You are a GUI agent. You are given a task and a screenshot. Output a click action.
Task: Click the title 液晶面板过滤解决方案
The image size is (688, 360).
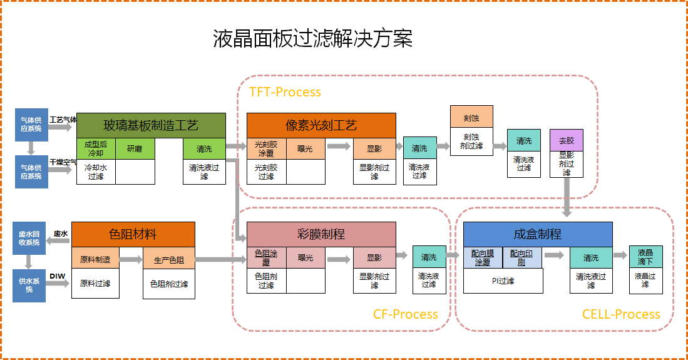coord(312,39)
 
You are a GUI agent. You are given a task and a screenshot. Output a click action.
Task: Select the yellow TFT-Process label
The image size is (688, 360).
coord(285,92)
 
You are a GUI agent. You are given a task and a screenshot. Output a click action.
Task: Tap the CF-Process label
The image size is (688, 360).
coord(405,314)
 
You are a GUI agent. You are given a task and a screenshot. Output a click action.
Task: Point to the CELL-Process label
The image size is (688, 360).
coord(620,314)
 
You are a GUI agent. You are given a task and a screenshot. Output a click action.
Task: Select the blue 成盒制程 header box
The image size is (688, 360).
coord(537,234)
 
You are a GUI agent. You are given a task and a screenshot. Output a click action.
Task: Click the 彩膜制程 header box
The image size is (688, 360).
coord(321,234)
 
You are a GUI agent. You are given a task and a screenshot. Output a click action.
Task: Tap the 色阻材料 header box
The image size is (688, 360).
coord(133,234)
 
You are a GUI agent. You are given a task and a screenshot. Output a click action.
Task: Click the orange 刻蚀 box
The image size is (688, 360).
coord(471,117)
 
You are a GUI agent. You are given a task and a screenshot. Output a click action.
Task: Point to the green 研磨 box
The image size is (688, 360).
coord(135,149)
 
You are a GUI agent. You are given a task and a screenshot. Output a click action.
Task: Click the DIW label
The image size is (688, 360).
coord(58,276)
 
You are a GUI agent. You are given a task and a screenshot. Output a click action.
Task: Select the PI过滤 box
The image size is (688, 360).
coord(503,281)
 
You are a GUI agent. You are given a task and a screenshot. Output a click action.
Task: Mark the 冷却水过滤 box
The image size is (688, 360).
coord(96,172)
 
